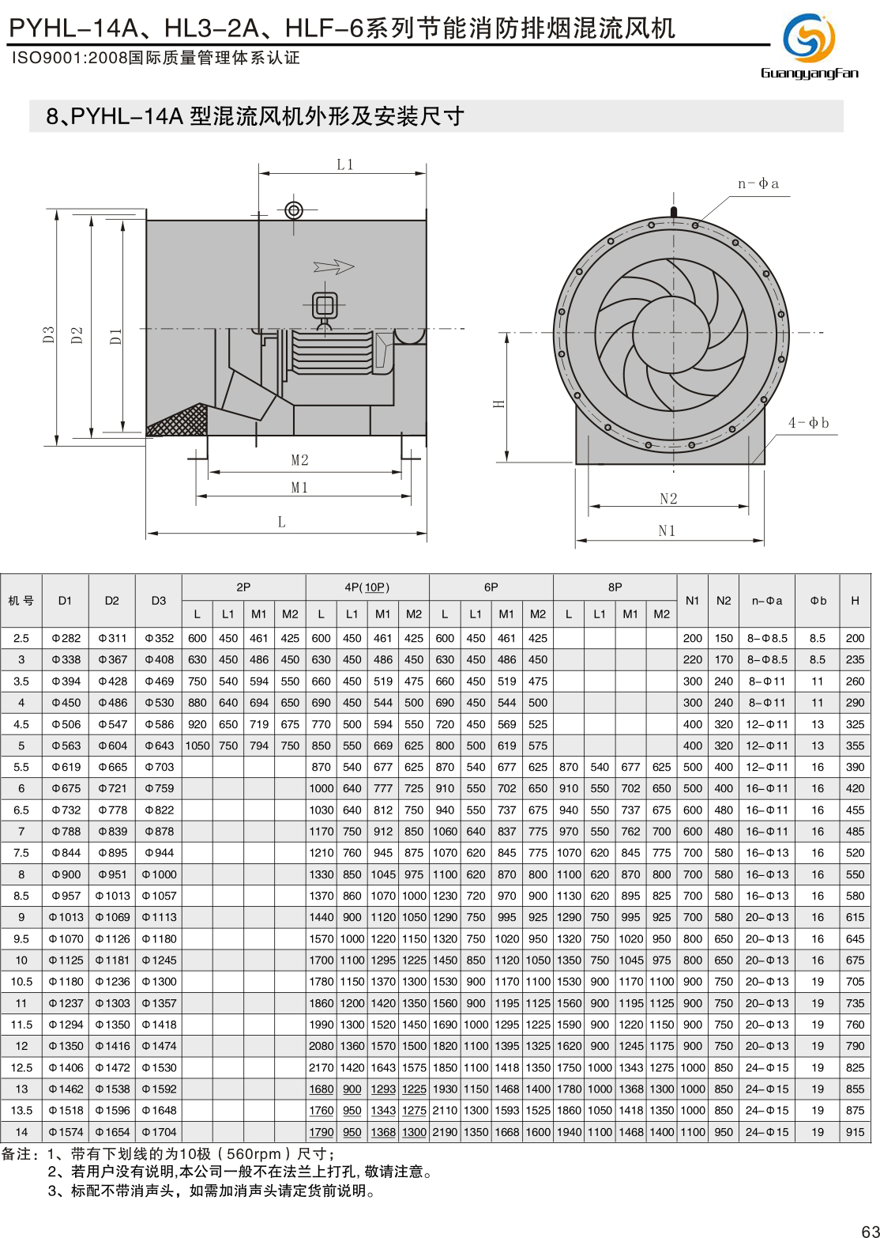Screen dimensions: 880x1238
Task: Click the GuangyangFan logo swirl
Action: [809, 38]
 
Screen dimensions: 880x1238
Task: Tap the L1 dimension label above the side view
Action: [345, 164]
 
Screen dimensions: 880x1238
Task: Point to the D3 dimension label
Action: [49, 335]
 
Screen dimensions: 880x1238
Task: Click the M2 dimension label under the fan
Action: [300, 460]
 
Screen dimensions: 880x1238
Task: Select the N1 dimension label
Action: [667, 531]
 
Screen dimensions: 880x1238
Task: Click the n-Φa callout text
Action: [758, 184]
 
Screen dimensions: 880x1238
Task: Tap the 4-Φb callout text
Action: [808, 423]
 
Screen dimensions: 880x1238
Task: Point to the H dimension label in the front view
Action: [498, 404]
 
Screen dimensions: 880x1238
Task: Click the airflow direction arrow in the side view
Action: [333, 267]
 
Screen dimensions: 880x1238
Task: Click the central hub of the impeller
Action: [673, 334]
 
